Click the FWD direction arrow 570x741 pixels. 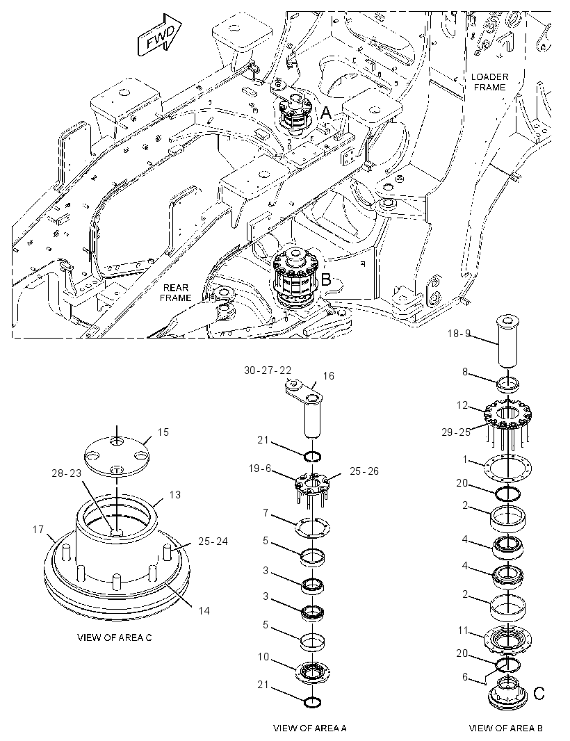pos(159,35)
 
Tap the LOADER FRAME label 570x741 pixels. pos(489,82)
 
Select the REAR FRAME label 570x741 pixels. pos(175,293)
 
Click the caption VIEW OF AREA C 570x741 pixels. pos(115,637)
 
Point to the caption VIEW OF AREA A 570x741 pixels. pos(310,728)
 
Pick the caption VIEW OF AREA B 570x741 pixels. pos(506,728)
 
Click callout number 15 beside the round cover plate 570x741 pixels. pos(163,432)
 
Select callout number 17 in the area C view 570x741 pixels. pos(38,530)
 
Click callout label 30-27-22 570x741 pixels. pos(268,370)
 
